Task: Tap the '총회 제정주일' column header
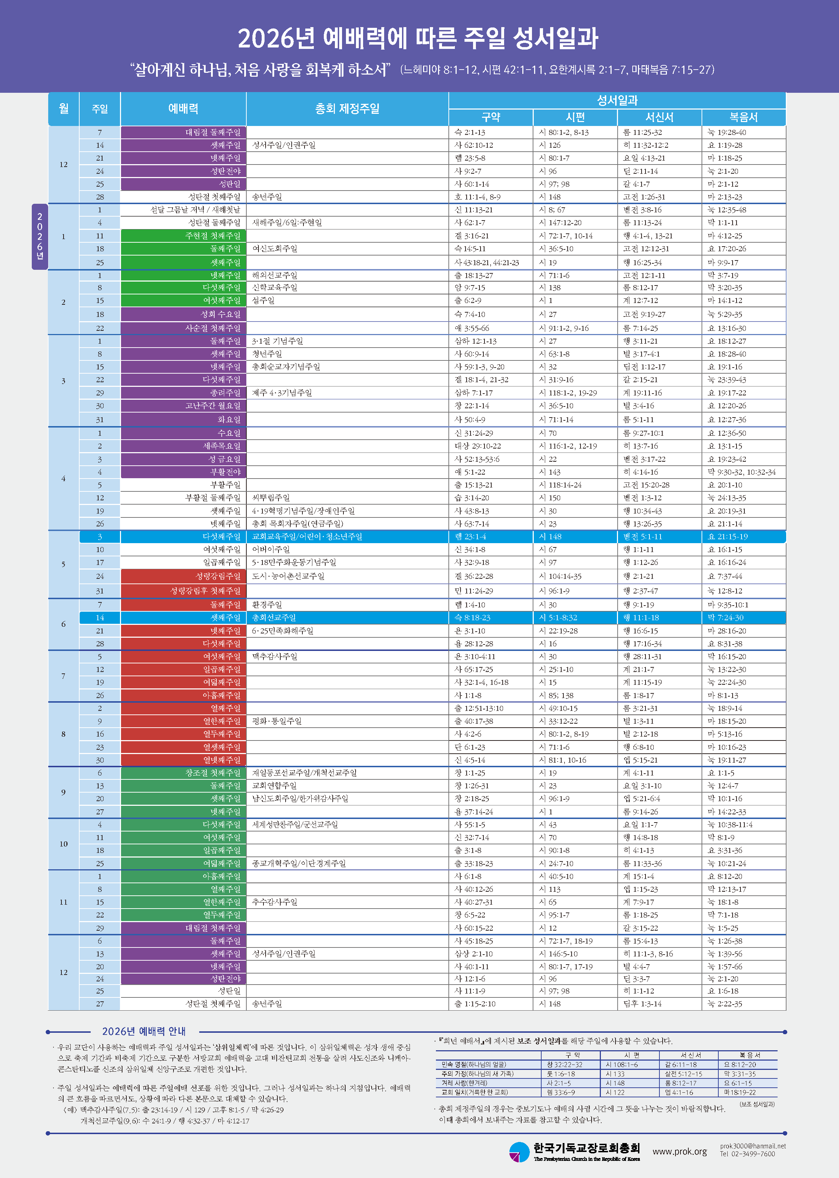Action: point(347,108)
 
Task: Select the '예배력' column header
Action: point(184,108)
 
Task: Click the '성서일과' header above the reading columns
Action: point(617,100)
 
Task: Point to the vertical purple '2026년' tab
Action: point(40,237)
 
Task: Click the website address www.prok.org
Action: point(679,1151)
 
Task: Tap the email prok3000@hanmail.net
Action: point(752,1146)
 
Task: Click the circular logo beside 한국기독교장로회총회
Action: point(519,1152)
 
